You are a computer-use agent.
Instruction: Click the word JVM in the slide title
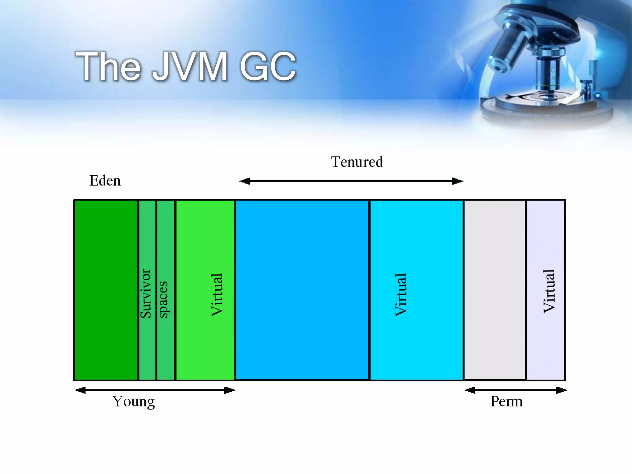pyautogui.click(x=190, y=66)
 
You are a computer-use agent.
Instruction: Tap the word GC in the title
pyautogui.click(x=268, y=66)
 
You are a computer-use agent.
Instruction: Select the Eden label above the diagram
pyautogui.click(x=105, y=181)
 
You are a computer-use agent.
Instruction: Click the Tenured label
pyautogui.click(x=357, y=162)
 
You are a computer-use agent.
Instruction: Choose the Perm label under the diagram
pyautogui.click(x=506, y=401)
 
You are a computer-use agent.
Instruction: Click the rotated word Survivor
pyautogui.click(x=146, y=293)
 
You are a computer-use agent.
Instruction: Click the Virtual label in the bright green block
pyautogui.click(x=217, y=295)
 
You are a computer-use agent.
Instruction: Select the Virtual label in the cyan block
pyautogui.click(x=401, y=295)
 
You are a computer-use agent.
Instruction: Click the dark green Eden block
pyautogui.click(x=106, y=290)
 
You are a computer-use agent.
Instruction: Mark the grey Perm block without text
pyautogui.click(x=495, y=290)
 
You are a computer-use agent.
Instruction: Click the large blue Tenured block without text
pyautogui.click(x=302, y=290)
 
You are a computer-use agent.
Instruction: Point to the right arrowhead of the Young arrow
pyautogui.click(x=230, y=390)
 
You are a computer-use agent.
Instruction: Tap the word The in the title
pyautogui.click(x=108, y=66)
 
